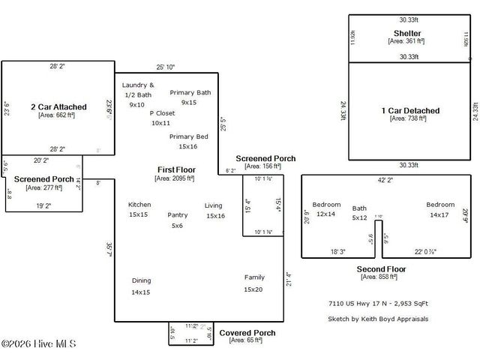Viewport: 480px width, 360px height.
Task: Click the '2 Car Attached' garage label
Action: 58,106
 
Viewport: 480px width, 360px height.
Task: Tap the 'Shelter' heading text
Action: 407,34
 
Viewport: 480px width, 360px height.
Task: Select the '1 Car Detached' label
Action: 410,111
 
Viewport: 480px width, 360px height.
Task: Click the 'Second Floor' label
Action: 381,268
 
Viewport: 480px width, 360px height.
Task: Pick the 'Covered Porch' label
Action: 247,332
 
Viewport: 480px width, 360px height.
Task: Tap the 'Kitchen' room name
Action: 139,205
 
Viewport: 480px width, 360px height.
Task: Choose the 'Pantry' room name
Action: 178,214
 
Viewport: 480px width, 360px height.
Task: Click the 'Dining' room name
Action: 141,280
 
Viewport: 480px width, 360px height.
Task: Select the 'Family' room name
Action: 254,277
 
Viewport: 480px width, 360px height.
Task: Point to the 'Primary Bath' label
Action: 190,92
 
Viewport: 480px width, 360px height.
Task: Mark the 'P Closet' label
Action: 161,113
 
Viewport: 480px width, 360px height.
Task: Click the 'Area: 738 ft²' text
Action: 408,119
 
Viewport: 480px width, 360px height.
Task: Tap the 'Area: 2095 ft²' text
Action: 174,178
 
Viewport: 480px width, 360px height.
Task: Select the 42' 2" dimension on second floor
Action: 384,180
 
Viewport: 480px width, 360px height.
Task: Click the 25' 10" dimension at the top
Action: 166,67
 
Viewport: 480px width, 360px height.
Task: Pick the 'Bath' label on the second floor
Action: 360,208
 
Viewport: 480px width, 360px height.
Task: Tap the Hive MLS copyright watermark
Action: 39,344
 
